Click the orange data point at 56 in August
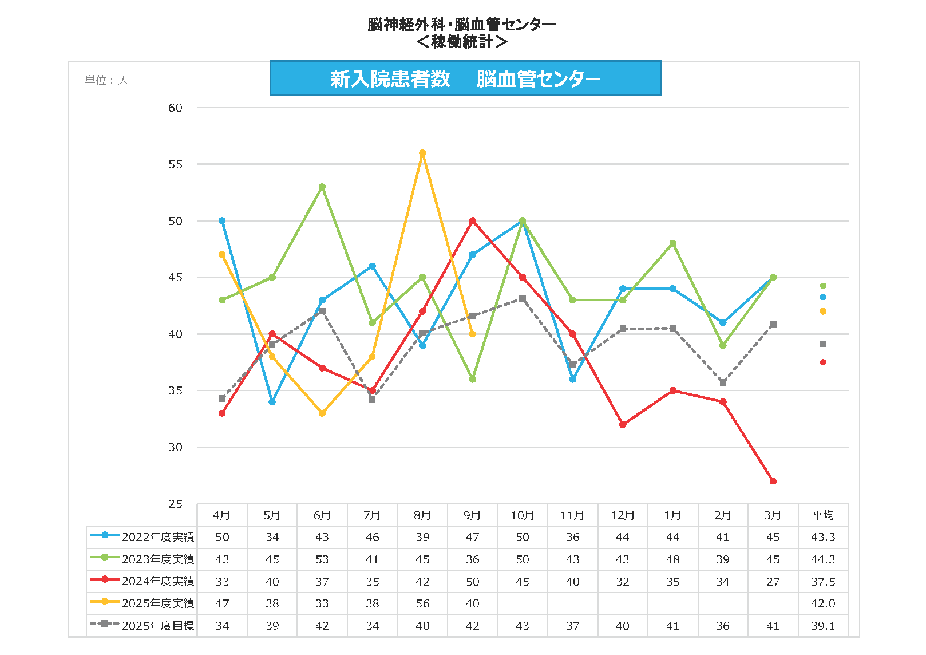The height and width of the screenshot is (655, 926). (422, 153)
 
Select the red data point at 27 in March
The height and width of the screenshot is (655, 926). (773, 481)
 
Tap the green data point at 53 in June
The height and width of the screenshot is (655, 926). (322, 187)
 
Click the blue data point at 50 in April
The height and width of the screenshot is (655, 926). (222, 220)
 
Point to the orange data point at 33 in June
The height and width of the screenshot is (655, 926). (322, 413)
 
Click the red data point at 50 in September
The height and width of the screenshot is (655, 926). (472, 220)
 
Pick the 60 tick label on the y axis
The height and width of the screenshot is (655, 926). (175, 108)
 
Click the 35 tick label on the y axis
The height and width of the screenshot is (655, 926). (175, 390)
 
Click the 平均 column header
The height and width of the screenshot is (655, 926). (823, 515)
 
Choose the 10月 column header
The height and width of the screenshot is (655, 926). (522, 515)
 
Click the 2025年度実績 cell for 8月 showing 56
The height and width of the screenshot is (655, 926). (422, 603)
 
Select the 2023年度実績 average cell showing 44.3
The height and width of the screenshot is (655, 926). (823, 559)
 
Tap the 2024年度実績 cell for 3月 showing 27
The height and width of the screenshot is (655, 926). (773, 582)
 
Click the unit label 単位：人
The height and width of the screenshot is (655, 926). (106, 80)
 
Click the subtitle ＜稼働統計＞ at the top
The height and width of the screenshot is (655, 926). (461, 42)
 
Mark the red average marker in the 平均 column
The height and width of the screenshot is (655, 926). (823, 362)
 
